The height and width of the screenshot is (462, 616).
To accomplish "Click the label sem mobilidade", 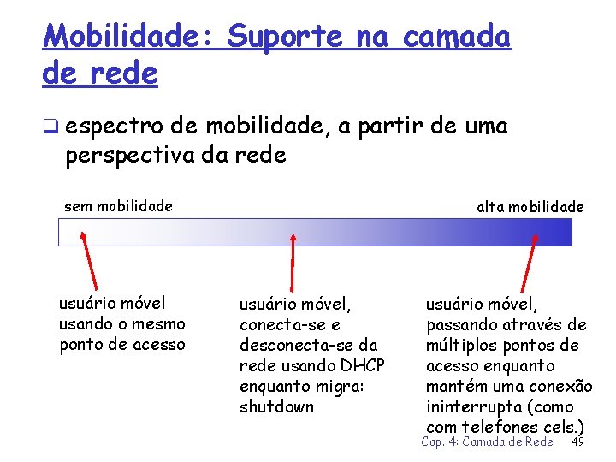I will coord(118,205).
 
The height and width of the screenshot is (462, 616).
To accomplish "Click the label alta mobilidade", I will coord(530,206).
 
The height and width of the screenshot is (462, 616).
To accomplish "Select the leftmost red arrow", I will coord(90,260).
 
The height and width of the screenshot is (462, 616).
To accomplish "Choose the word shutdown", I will coord(276,406).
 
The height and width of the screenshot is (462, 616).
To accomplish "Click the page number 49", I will coord(577,441).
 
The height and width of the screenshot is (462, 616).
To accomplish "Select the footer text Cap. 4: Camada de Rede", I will coord(487,441).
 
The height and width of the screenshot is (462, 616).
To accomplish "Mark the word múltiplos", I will coord(462,345).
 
